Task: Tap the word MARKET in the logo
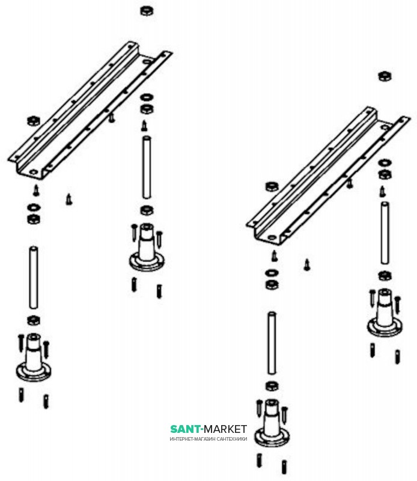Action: tap(225, 429)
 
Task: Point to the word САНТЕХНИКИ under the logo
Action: tap(232, 439)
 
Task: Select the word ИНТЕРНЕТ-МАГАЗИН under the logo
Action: tap(192, 439)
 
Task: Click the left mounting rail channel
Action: tap(90, 111)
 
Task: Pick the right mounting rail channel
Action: tap(328, 176)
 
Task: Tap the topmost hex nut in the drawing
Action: tap(147, 11)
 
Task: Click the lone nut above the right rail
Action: tap(385, 76)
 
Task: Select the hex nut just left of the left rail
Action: tap(34, 121)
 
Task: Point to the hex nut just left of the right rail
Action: tap(272, 186)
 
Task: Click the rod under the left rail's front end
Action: tap(34, 277)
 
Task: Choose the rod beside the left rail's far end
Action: tap(147, 167)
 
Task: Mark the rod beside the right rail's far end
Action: tap(385, 233)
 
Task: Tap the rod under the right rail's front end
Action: tap(272, 343)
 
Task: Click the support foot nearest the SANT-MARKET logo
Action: tap(272, 423)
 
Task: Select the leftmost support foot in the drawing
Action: tap(34, 357)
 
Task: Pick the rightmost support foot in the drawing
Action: tap(385, 313)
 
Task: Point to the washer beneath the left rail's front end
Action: tap(34, 207)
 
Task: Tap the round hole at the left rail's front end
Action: tap(33, 172)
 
